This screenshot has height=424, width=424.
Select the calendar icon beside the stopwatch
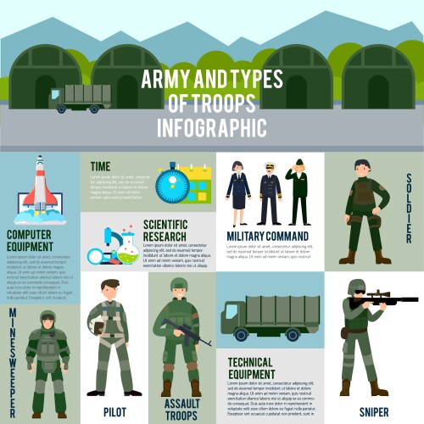click(198, 183)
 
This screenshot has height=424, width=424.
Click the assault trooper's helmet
click(178, 284)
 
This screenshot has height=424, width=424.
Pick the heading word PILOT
click(114, 410)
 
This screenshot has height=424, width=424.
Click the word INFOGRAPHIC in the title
click(212, 128)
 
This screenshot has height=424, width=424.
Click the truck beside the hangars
click(81, 98)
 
